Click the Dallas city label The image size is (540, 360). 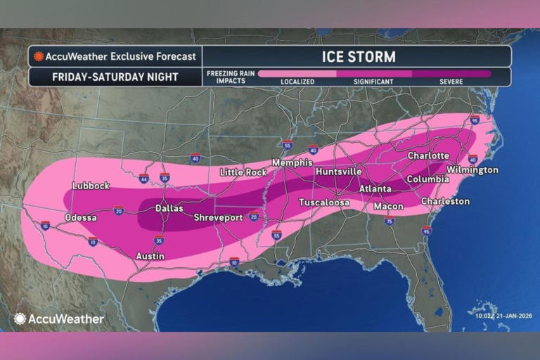169,208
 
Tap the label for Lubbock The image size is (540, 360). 91,186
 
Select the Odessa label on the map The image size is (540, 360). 81,217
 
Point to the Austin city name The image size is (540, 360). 149,256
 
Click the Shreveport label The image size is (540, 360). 218,217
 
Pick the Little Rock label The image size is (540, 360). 243,172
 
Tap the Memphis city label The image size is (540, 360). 292,162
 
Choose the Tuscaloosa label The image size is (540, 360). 324,202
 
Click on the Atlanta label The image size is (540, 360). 375,188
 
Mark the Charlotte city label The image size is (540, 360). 428,155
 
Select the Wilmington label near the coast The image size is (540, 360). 472,170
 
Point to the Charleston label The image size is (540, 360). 445,201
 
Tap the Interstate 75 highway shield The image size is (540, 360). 390,221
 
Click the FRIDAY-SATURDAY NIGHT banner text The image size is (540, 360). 115,77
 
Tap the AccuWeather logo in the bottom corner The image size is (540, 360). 58,319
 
